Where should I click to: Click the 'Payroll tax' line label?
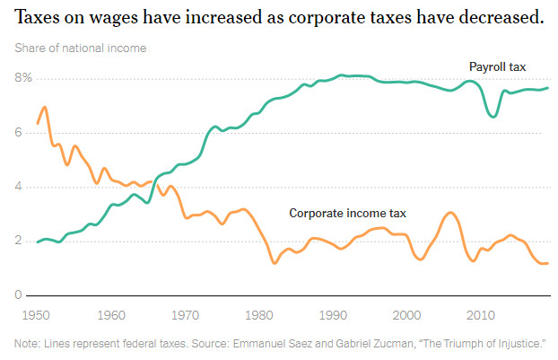point(497,67)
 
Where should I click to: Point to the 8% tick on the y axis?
point(23,78)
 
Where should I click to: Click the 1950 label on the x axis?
point(37,315)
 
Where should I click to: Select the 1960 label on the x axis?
point(111,315)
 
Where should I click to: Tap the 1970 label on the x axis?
point(185,315)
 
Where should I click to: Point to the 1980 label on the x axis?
point(259,315)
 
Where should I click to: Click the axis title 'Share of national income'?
point(81,47)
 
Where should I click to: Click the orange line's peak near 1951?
point(44,107)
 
